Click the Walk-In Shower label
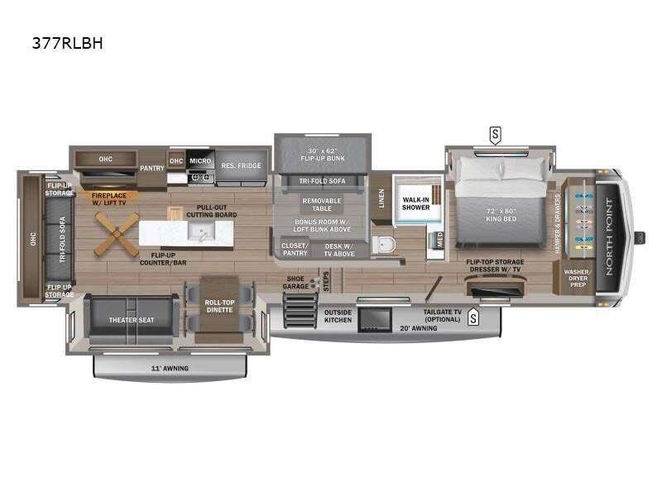(x=415, y=203)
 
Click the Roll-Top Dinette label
(x=220, y=306)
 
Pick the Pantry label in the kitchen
(x=152, y=167)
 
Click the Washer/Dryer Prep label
(x=577, y=276)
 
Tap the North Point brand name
(x=612, y=233)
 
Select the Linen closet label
(x=381, y=198)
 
